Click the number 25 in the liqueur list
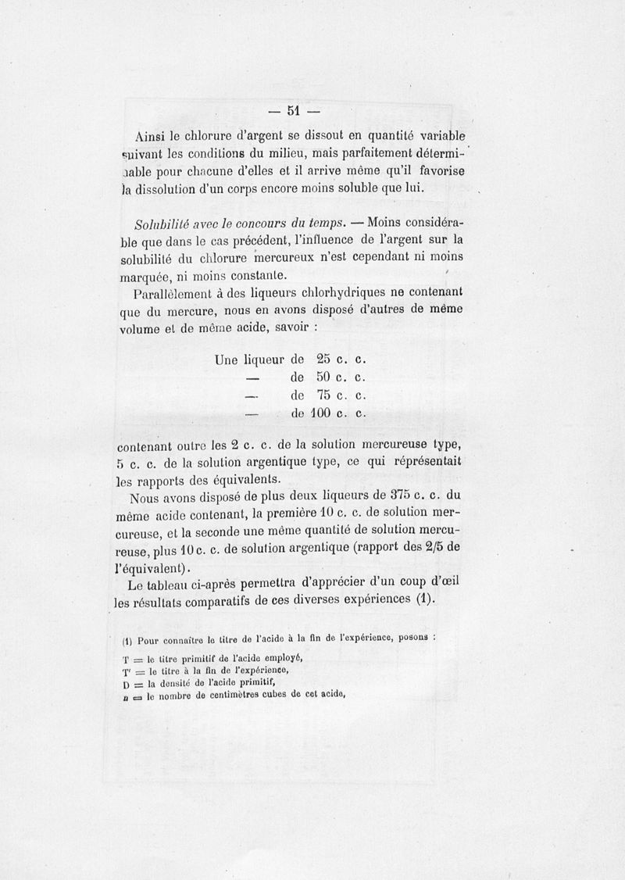click(324, 360)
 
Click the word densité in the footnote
click(179, 684)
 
